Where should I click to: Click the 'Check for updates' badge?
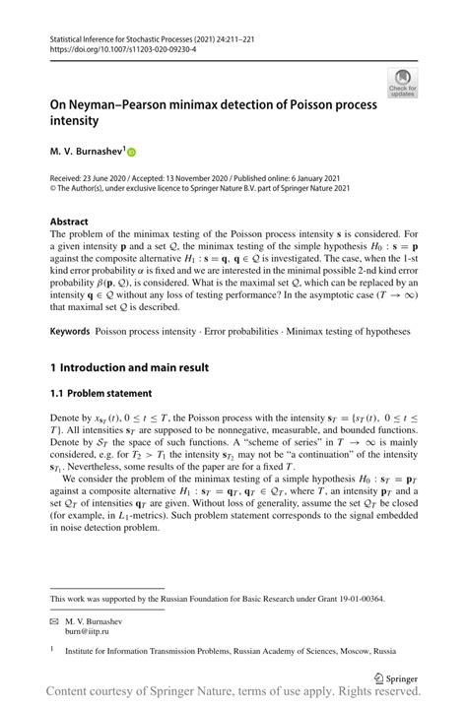(x=402, y=83)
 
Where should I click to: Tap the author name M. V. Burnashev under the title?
(x=86, y=153)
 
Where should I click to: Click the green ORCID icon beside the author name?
(x=130, y=153)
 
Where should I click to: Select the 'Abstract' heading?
(x=69, y=222)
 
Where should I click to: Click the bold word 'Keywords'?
(x=70, y=332)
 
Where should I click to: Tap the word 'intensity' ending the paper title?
(x=75, y=121)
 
